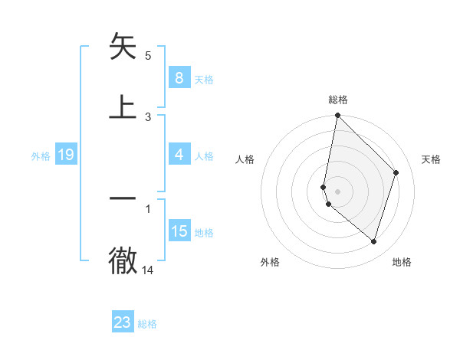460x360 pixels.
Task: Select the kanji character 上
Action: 123,106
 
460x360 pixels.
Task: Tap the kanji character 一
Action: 123,198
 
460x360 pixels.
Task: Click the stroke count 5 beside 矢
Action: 148,56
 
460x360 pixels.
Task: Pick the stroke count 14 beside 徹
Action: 148,270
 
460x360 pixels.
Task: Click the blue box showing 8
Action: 179,77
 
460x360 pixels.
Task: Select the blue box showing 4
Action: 179,155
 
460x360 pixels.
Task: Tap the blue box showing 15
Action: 179,231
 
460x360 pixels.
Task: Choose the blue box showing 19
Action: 65,155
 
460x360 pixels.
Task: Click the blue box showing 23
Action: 123,322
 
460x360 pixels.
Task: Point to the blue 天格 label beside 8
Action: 204,79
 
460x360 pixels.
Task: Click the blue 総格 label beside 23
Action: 147,324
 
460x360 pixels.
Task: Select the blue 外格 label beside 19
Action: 41,156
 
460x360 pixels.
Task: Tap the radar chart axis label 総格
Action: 338,100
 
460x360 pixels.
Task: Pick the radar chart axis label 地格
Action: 402,263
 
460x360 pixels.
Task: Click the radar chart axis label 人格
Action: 245,159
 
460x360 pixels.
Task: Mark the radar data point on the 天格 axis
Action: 396,172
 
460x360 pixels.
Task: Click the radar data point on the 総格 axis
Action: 337,115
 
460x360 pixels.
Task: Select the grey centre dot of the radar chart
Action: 337,191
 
